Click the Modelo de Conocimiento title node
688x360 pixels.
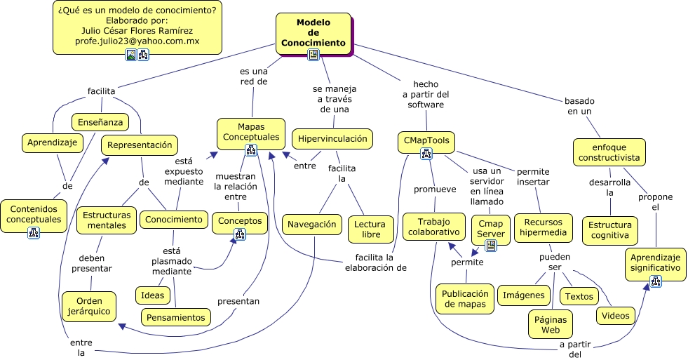(x=313, y=32)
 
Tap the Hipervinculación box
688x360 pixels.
(x=332, y=139)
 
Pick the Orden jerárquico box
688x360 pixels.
(x=89, y=307)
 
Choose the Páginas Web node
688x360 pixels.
(x=551, y=324)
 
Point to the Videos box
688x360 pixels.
(x=615, y=316)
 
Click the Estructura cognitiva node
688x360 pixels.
(x=609, y=230)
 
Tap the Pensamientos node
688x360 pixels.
(x=176, y=318)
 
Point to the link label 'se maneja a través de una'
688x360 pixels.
(x=335, y=99)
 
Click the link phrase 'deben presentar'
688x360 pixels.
(x=96, y=262)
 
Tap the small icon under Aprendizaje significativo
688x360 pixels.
(x=656, y=281)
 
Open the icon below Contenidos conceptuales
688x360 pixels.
(x=34, y=233)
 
